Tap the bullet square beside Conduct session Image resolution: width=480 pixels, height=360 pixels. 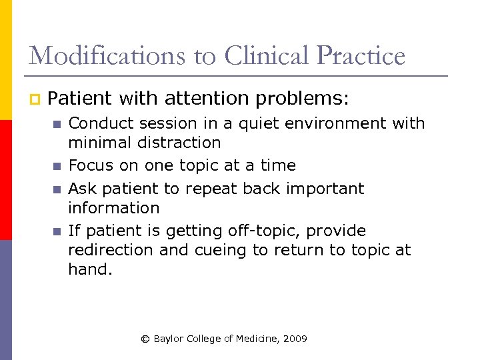(x=57, y=124)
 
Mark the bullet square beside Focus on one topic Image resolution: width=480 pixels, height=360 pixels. (x=57, y=166)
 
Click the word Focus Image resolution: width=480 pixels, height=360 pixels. (x=89, y=165)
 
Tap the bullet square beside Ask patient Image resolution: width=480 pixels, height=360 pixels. (x=57, y=189)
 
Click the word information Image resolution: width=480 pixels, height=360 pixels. (x=114, y=208)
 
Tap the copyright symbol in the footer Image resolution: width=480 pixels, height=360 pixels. (x=145, y=339)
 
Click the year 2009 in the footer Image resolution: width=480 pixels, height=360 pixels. (x=295, y=339)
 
